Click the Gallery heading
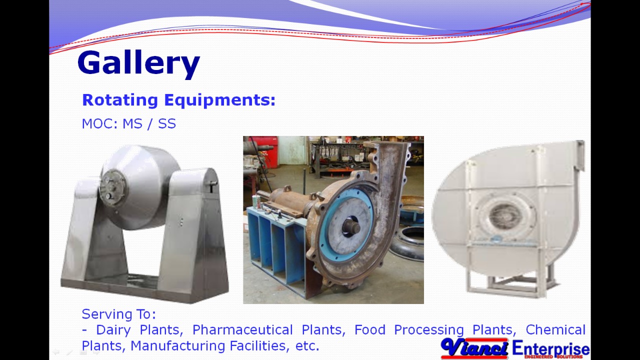138,63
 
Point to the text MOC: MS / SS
129,123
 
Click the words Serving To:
119,314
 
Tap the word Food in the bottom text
370,330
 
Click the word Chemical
555,330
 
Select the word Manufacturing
177,345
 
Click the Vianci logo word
474,347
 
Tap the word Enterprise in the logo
550,348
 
